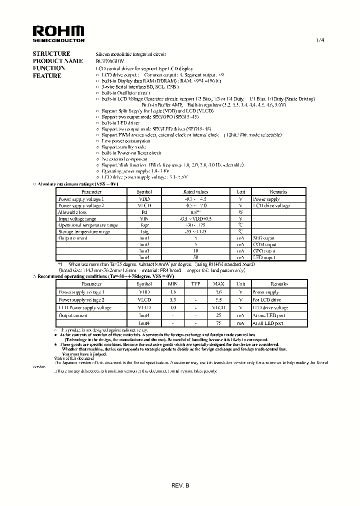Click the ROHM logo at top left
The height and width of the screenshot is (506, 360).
(58, 33)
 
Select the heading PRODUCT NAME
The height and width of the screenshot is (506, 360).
(57, 60)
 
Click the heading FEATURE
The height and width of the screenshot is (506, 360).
(47, 76)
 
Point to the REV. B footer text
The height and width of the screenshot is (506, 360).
(180, 485)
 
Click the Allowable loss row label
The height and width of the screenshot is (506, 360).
(72, 212)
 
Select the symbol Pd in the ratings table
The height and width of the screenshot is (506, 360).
(144, 212)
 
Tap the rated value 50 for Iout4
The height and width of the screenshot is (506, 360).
(196, 257)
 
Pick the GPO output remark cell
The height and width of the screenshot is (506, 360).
(264, 251)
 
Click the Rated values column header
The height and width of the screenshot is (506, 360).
(196, 191)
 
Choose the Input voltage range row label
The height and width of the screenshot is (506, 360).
(77, 218)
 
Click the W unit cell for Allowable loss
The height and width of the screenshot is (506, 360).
(240, 212)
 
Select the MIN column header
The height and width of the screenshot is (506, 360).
(173, 283)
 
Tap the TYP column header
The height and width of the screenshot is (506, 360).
(196, 283)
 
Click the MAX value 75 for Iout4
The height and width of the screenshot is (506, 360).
(218, 323)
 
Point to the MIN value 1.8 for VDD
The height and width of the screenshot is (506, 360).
(173, 291)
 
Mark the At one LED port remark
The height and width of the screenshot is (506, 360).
(268, 315)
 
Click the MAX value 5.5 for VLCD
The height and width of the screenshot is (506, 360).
(218, 299)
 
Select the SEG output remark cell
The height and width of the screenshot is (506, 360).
(264, 238)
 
